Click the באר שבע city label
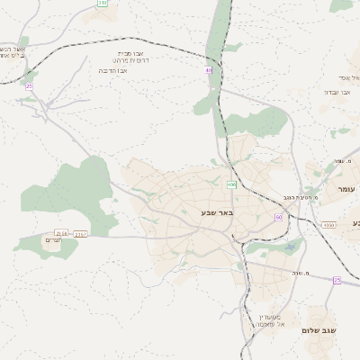click(x=217, y=212)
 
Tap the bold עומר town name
click(x=346, y=188)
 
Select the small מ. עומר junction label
click(x=338, y=161)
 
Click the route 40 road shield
click(x=208, y=69)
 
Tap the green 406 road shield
click(x=231, y=184)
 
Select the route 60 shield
click(x=279, y=217)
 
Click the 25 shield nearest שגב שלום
click(x=337, y=280)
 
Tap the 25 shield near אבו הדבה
click(x=29, y=85)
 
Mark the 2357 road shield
click(x=80, y=234)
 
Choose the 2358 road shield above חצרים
click(x=60, y=232)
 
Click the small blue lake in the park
click(x=292, y=246)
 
